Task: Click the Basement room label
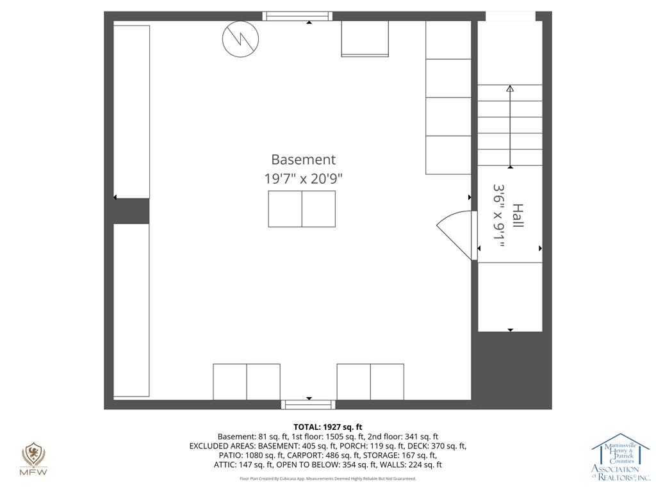tap(303, 160)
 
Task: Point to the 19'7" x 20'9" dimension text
tap(303, 179)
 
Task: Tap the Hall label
tap(518, 215)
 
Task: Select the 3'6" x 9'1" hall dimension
tap(498, 215)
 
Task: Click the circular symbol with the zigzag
tap(240, 39)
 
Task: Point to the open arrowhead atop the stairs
tap(510, 88)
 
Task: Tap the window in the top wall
tap(297, 16)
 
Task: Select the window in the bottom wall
tap(308, 405)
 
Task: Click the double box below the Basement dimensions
tap(302, 209)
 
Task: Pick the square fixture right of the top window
tap(365, 38)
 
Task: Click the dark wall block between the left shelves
tap(131, 211)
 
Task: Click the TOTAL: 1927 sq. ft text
tap(327, 427)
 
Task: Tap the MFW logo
tap(34, 459)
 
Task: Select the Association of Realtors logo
tap(620, 457)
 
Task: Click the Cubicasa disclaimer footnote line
tap(327, 479)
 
